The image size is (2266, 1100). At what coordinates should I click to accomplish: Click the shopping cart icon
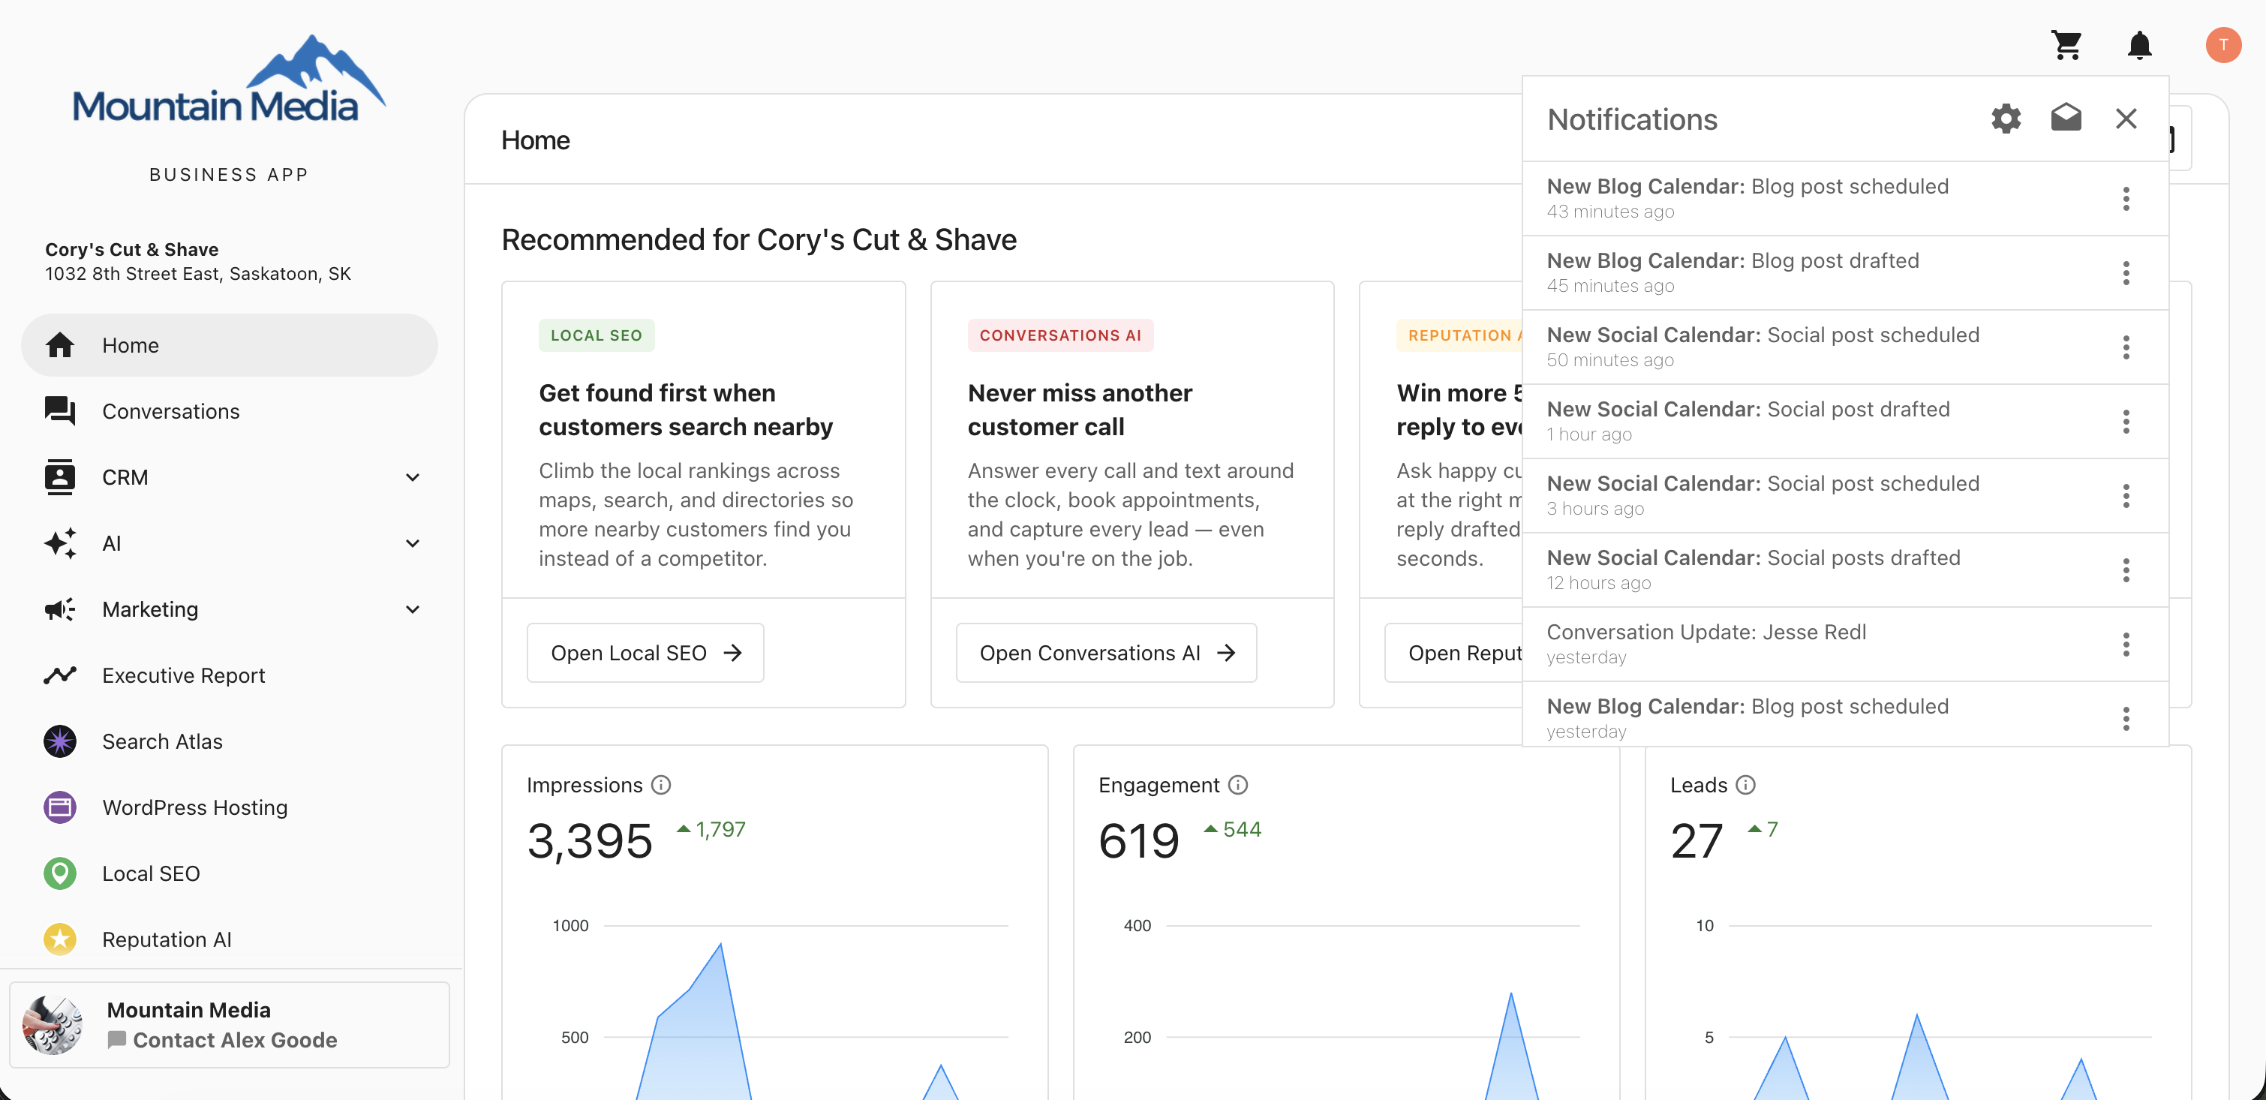pos(2066,44)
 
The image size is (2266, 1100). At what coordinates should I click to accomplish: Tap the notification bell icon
pos(2139,44)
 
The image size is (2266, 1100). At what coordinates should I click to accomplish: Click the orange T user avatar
pos(2223,45)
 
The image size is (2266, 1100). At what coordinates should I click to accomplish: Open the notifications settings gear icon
pos(2006,119)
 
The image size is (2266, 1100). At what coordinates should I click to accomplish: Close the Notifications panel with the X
pos(2126,119)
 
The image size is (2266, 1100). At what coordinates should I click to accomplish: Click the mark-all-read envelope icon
pos(2066,118)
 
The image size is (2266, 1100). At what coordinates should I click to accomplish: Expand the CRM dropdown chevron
pos(413,478)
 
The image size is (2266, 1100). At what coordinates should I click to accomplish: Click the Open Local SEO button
pos(645,653)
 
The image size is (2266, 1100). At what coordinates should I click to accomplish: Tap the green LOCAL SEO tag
pos(597,335)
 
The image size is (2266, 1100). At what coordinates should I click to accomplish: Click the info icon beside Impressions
pos(660,785)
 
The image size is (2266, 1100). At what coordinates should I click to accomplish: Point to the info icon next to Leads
pos(1745,785)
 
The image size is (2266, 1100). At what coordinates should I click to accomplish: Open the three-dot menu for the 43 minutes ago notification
pos(2126,199)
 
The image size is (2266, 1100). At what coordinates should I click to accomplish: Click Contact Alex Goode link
pos(235,1040)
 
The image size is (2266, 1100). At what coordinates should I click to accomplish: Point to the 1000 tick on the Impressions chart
pos(570,926)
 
